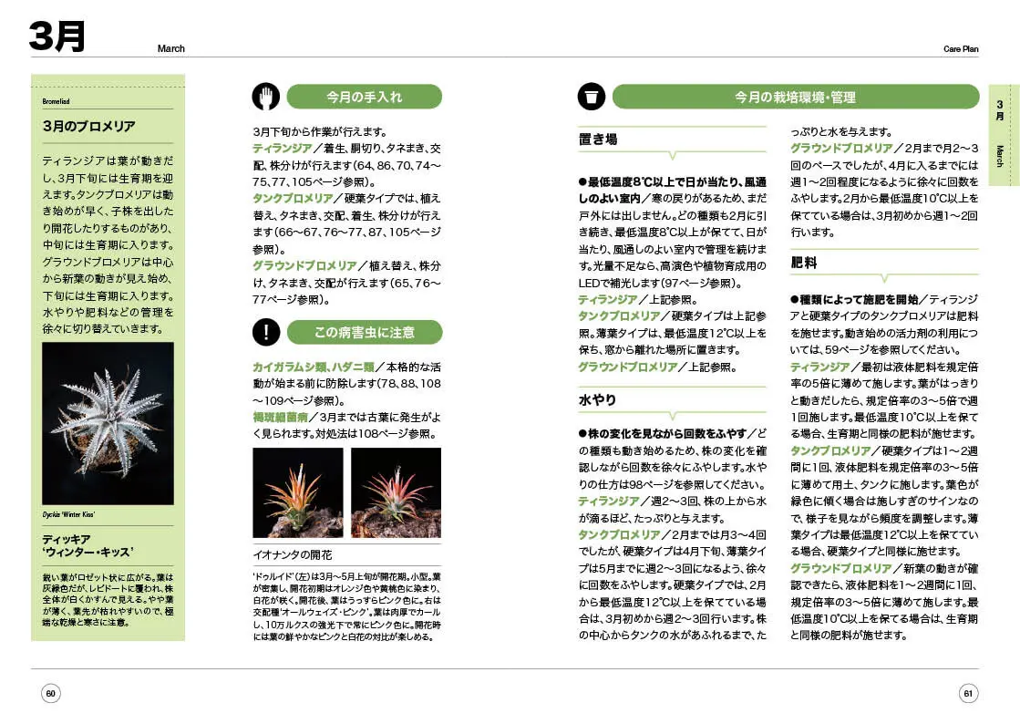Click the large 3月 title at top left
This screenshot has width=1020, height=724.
[57, 36]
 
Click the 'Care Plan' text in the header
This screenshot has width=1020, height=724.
[960, 49]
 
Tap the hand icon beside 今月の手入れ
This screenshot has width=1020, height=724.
[265, 97]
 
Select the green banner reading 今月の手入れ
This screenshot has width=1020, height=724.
[364, 97]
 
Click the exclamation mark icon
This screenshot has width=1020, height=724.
[265, 332]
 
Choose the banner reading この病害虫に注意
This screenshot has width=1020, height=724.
[364, 332]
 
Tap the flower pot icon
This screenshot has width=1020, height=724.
[591, 97]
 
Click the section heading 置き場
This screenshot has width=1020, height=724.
[598, 140]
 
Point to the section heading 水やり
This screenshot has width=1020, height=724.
[598, 399]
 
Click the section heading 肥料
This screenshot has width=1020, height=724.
[803, 263]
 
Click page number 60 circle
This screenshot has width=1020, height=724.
[51, 694]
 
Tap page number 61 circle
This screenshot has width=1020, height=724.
[968, 694]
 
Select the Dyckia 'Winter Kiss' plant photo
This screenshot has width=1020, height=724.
[108, 423]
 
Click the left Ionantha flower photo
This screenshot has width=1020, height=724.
[297, 492]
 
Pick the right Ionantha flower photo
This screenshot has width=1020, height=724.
[396, 492]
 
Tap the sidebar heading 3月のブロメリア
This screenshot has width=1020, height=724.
[88, 126]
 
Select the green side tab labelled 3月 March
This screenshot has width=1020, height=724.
[1004, 135]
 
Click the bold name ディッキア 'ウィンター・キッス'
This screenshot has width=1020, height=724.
[88, 545]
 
